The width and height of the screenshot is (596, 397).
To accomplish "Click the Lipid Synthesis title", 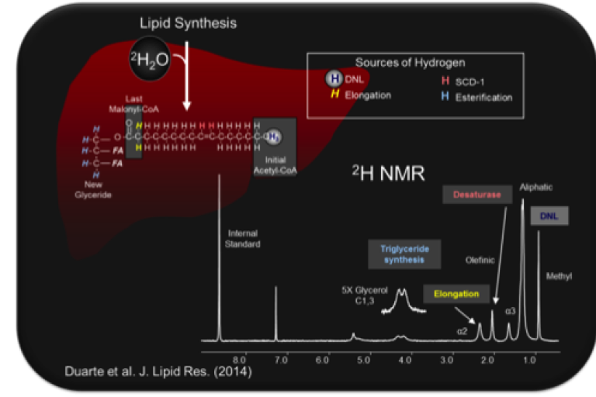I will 189,23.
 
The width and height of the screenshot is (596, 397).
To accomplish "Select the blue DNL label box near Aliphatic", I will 549,215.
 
